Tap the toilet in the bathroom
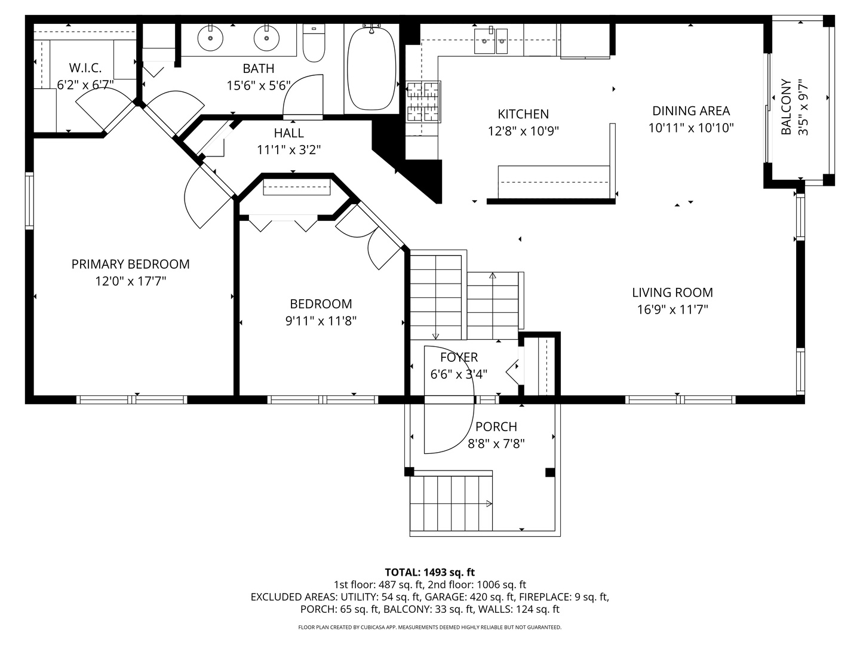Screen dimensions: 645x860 coord(314,44)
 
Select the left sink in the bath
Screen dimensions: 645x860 coord(210,38)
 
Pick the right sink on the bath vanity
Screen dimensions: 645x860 coord(266,39)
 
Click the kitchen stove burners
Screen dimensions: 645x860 coord(423,101)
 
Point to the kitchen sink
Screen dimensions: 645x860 coord(493,39)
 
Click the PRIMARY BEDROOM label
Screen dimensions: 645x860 coord(130,264)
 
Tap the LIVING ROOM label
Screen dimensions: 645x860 coord(672,293)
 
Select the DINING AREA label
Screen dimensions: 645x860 coord(690,111)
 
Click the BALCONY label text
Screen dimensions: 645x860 coord(787,107)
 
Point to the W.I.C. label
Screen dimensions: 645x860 coord(85,68)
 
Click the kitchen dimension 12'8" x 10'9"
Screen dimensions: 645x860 coord(523,131)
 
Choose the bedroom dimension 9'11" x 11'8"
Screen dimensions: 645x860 coord(321,321)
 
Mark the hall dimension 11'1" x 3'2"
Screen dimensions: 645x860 coord(289,150)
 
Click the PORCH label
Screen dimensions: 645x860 coord(496,427)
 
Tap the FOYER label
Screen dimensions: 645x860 coord(459,358)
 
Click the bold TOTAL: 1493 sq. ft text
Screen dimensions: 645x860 coord(429,572)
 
